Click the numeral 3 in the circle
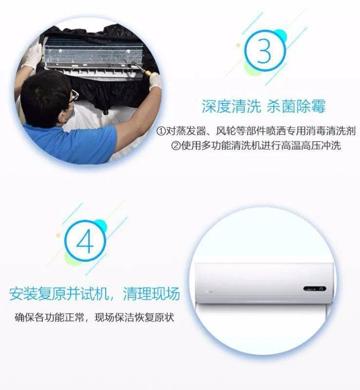pyautogui.click(x=265, y=51)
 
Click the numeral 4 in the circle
pyautogui.click(x=85, y=241)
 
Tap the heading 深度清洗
pyautogui.click(x=231, y=106)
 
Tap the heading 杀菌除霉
pyautogui.click(x=296, y=106)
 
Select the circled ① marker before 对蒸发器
pyautogui.click(x=161, y=131)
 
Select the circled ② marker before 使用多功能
pyautogui.click(x=176, y=145)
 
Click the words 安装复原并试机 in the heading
pyautogui.click(x=59, y=293)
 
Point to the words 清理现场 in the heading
pyautogui.click(x=151, y=293)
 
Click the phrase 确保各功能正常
pyautogui.click(x=49, y=317)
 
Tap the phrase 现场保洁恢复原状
pyautogui.click(x=134, y=317)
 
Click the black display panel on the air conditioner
pyautogui.click(x=315, y=289)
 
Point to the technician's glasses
pyautogui.click(x=74, y=96)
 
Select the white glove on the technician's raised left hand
pyautogui.click(x=32, y=57)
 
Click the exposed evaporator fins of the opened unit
pyautogui.click(x=94, y=52)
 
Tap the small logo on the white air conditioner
pyautogui.click(x=208, y=291)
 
